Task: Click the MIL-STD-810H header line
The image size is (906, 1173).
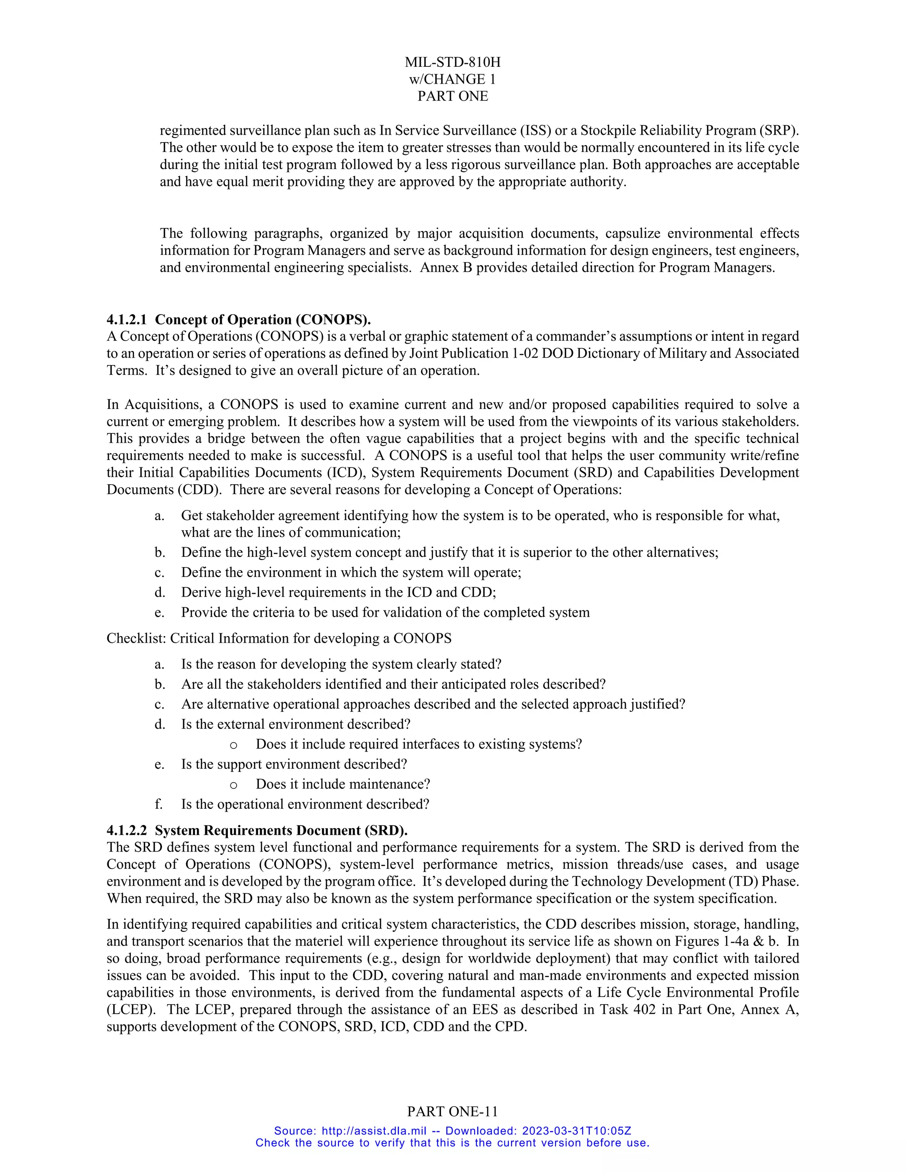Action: point(453,62)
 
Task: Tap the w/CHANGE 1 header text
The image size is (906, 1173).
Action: point(453,80)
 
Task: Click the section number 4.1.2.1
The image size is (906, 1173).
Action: point(127,320)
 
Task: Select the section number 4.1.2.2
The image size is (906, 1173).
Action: point(127,830)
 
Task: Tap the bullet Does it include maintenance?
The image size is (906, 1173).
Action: point(342,784)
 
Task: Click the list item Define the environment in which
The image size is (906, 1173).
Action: point(351,572)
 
